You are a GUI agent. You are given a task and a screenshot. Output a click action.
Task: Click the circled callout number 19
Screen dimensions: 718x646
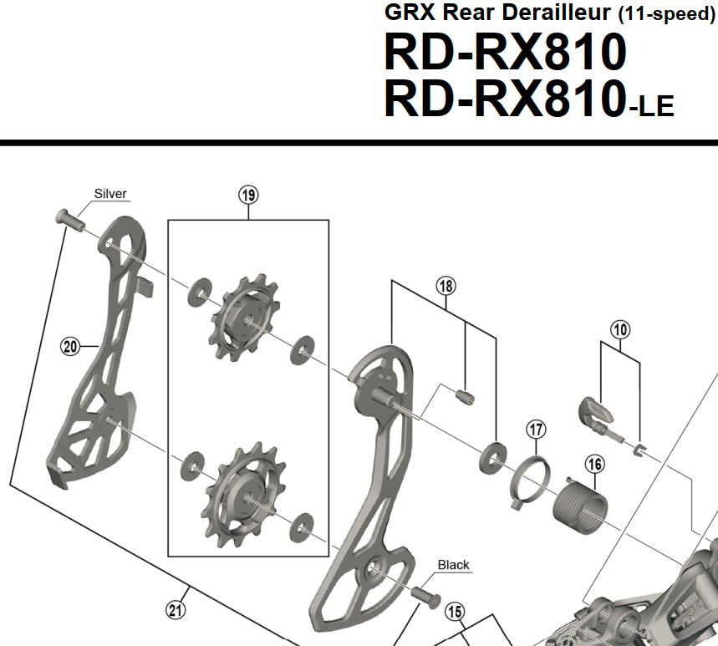pyautogui.click(x=248, y=195)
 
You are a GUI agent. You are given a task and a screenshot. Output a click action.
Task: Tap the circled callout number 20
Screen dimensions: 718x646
pyautogui.click(x=70, y=346)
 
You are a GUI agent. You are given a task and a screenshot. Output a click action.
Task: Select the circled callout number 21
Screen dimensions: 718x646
pyautogui.click(x=176, y=610)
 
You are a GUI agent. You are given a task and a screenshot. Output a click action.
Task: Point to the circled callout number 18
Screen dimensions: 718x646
pyautogui.click(x=446, y=286)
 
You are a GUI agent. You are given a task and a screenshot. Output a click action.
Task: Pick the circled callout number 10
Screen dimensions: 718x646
pyautogui.click(x=620, y=329)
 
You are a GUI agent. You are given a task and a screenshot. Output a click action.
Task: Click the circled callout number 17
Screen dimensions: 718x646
pyautogui.click(x=537, y=430)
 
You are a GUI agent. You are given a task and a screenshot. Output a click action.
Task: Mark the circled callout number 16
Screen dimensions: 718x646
pyautogui.click(x=595, y=465)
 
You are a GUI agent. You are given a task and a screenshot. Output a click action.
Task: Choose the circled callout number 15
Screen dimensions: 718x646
pyautogui.click(x=455, y=612)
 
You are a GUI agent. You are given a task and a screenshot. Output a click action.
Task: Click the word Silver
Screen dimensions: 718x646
pyautogui.click(x=110, y=194)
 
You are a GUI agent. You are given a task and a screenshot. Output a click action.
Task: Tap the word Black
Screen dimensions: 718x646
pyautogui.click(x=453, y=565)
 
